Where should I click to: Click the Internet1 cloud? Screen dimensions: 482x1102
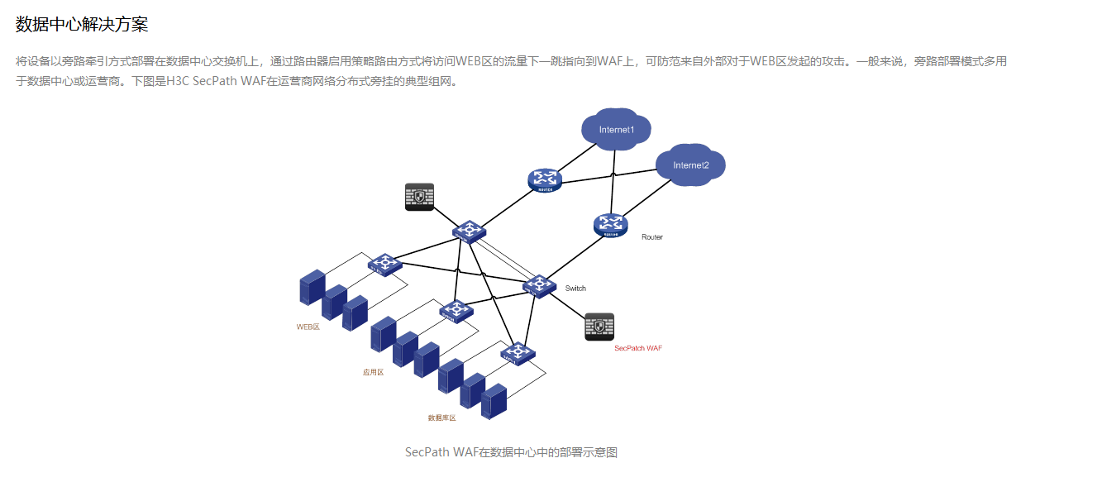click(616, 130)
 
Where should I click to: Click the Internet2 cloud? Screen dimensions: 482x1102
click(690, 165)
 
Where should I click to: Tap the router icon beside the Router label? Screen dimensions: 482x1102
click(611, 224)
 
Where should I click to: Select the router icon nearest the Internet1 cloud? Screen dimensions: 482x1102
click(544, 179)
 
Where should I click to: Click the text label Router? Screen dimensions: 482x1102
click(652, 237)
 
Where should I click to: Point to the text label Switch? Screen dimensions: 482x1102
click(575, 289)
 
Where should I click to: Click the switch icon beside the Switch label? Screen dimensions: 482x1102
click(538, 286)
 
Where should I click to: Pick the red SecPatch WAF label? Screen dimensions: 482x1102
click(638, 348)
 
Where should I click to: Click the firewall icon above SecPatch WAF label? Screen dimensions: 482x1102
click(599, 327)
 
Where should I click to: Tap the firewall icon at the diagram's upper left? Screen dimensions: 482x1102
click(419, 197)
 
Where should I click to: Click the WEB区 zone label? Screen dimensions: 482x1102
click(308, 327)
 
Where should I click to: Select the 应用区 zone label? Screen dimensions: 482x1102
click(373, 372)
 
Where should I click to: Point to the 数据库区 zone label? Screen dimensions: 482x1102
click(441, 418)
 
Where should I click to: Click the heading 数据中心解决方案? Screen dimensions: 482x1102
click(82, 25)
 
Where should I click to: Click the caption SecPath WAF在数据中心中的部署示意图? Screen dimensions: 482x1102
click(511, 452)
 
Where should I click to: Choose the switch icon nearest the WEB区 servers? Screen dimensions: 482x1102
click(384, 265)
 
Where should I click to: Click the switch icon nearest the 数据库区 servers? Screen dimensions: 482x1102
click(518, 353)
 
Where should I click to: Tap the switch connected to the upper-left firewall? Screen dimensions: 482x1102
click(469, 231)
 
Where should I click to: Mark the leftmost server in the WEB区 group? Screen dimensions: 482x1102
click(312, 288)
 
